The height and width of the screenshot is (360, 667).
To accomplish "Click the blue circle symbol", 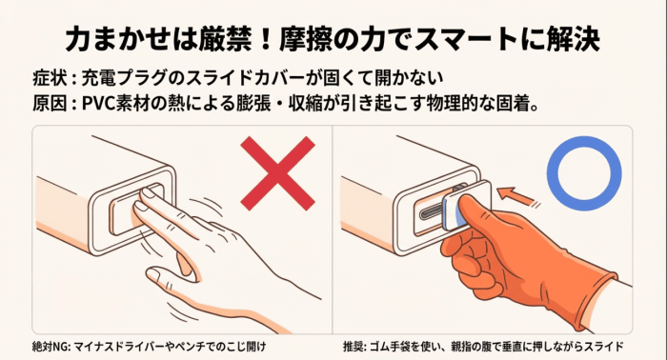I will pyautogui.click(x=582, y=174).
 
